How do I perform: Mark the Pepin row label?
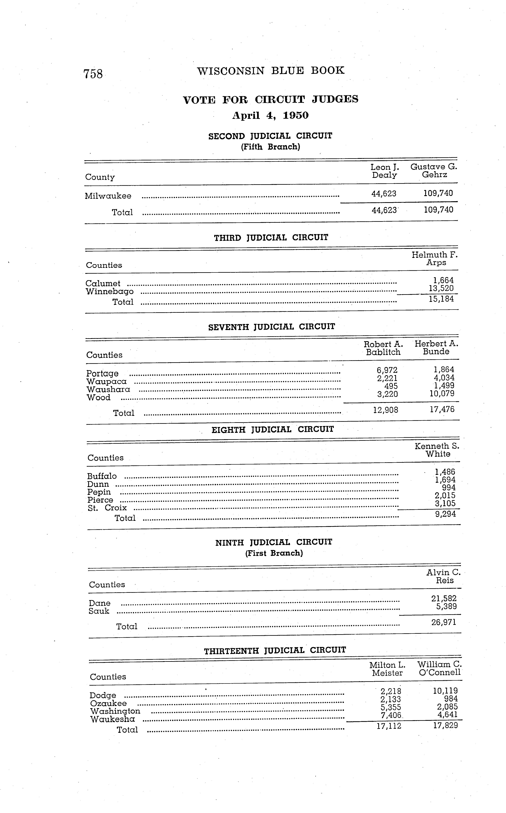[99, 492]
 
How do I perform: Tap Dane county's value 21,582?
[444, 599]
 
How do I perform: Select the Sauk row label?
[99, 611]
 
